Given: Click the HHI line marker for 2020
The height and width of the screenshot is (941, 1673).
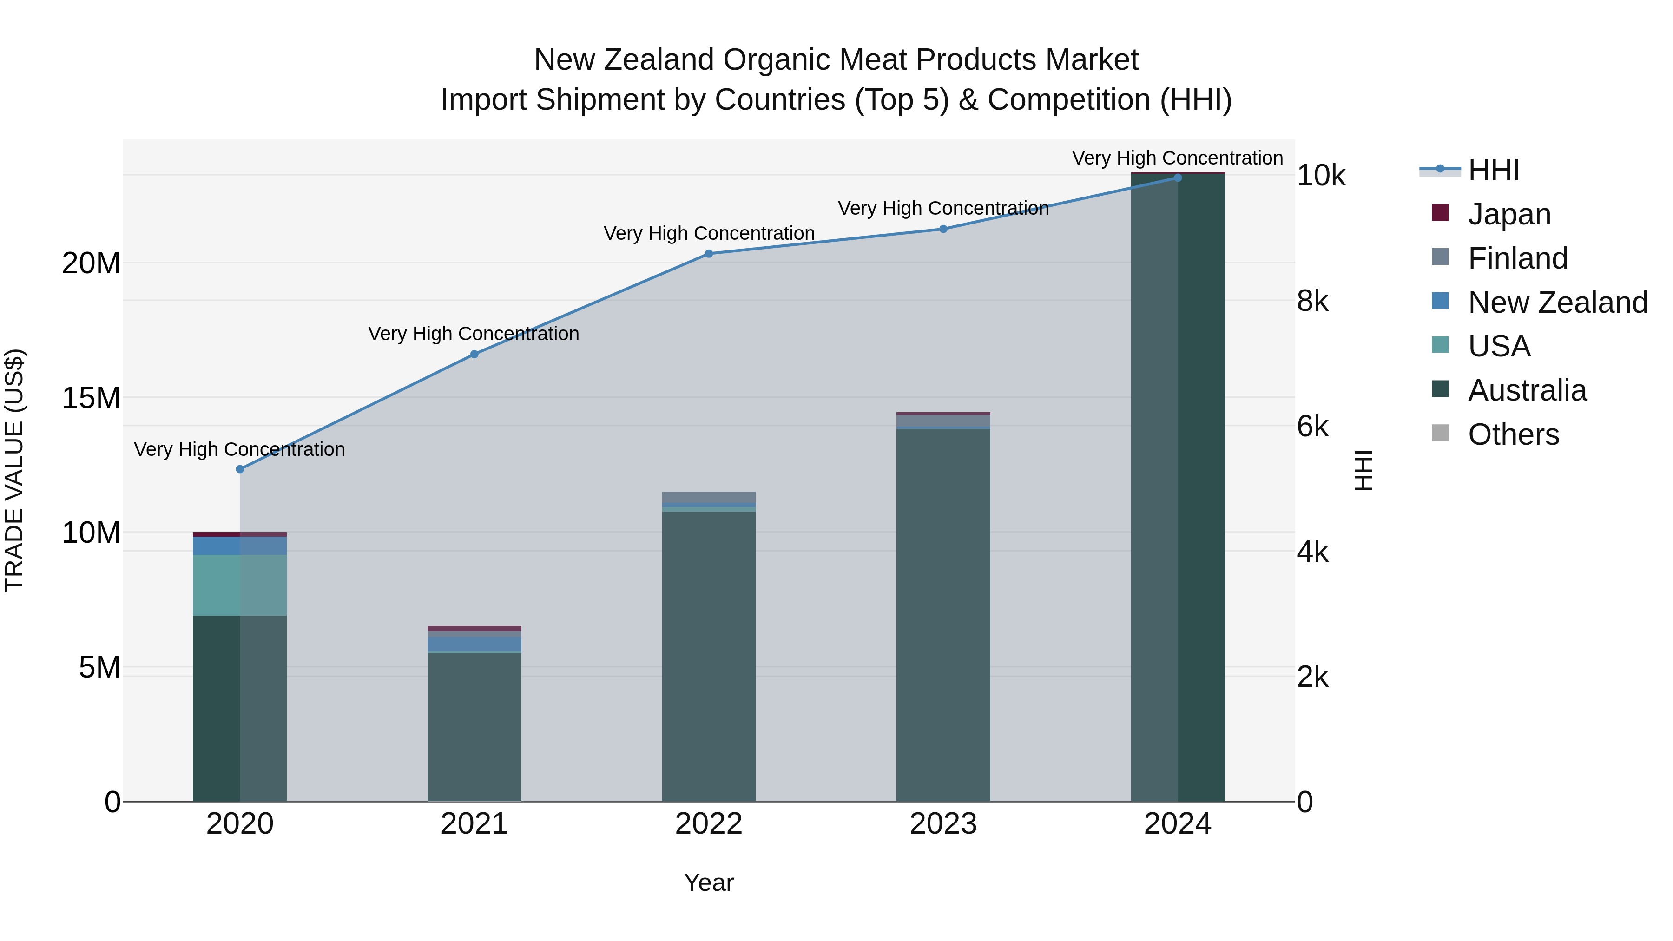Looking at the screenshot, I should point(240,469).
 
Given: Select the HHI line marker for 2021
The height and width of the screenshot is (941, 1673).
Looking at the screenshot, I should point(474,354).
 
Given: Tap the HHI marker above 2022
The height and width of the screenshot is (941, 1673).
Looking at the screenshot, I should point(709,253).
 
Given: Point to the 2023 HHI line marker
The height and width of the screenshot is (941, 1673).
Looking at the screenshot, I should point(943,229).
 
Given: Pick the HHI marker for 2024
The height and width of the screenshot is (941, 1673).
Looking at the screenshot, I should point(1178,178).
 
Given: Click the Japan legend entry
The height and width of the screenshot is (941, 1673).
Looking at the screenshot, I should point(1508,214).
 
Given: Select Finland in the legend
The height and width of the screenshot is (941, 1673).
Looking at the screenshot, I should point(1517,258).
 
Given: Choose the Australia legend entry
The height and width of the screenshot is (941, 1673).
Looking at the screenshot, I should point(1527,390).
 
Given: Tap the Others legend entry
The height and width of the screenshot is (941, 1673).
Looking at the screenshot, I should point(1513,434).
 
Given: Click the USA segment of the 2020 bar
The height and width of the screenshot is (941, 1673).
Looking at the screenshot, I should point(240,585).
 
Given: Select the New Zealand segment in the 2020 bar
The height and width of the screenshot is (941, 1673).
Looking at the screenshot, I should point(240,546).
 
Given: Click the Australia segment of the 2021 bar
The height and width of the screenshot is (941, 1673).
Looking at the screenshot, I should point(474,727).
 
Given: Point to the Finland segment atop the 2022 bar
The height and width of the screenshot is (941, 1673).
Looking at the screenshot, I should point(709,497).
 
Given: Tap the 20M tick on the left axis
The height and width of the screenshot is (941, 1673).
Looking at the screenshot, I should point(91,263).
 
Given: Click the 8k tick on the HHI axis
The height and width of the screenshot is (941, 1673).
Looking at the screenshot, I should point(1312,301).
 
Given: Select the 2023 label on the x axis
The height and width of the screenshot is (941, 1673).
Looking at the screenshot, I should point(943,824).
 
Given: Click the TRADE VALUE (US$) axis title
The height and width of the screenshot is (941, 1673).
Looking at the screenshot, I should point(15,470).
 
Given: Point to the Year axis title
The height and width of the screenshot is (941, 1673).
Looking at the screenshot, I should point(709,882).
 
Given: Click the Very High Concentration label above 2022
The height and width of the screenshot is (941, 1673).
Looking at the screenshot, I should point(709,233).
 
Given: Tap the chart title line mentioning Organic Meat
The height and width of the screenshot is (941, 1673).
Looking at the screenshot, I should point(836,60).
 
